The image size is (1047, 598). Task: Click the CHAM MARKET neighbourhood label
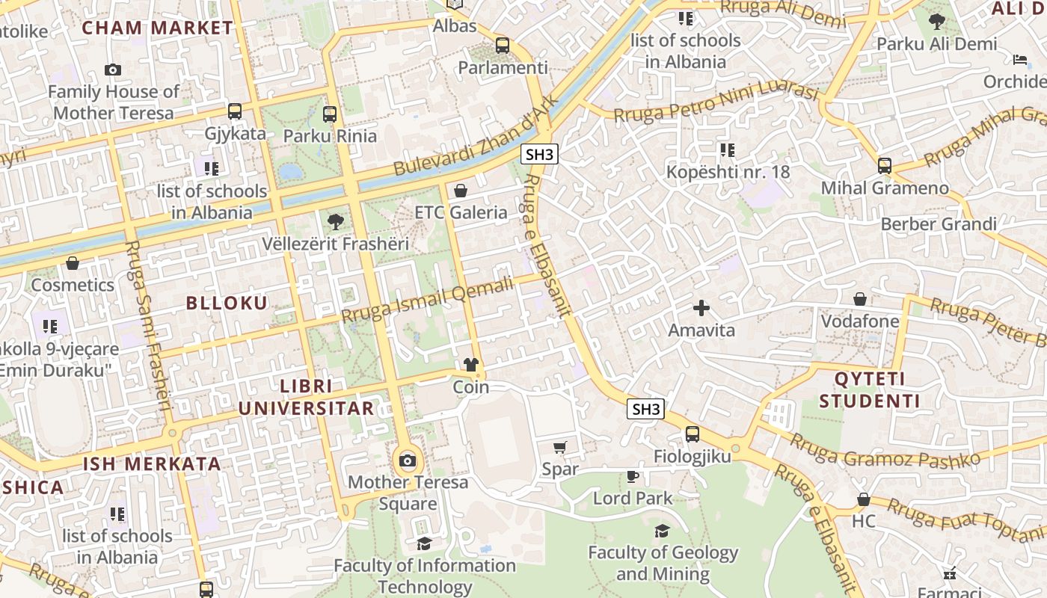(157, 28)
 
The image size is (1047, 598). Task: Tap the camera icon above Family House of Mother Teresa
(113, 70)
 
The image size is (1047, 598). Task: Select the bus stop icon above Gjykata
(235, 111)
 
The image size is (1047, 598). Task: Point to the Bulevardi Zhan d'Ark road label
(476, 137)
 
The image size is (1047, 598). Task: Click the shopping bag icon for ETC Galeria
(461, 191)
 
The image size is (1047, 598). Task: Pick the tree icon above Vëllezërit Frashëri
(336, 221)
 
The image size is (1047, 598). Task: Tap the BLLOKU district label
(226, 303)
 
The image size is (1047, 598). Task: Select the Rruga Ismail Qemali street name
(428, 300)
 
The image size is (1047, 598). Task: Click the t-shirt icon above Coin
(470, 365)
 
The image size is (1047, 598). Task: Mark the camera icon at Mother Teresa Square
(408, 460)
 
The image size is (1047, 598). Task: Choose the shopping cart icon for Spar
(560, 447)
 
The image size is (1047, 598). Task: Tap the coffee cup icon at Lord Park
(633, 476)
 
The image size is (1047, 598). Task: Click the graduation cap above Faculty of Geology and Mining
(662, 531)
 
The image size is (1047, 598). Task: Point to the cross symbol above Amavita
(701, 307)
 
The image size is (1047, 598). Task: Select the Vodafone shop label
(860, 321)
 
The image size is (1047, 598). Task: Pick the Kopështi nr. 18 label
(728, 172)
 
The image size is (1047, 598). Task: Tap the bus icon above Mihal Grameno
(885, 166)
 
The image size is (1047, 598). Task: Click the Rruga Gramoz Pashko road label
(885, 449)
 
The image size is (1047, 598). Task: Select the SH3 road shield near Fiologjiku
(646, 409)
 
